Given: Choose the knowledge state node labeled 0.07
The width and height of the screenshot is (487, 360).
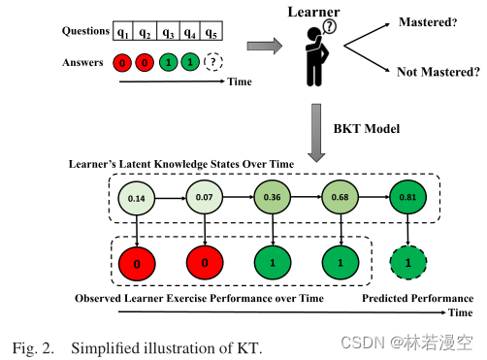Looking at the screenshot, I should pos(206,198).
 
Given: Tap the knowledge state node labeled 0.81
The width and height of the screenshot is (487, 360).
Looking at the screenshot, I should pos(408,198).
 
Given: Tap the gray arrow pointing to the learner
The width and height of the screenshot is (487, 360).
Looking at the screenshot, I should pos(263,45).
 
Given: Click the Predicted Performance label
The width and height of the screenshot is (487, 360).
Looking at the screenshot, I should pos(417,298).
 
